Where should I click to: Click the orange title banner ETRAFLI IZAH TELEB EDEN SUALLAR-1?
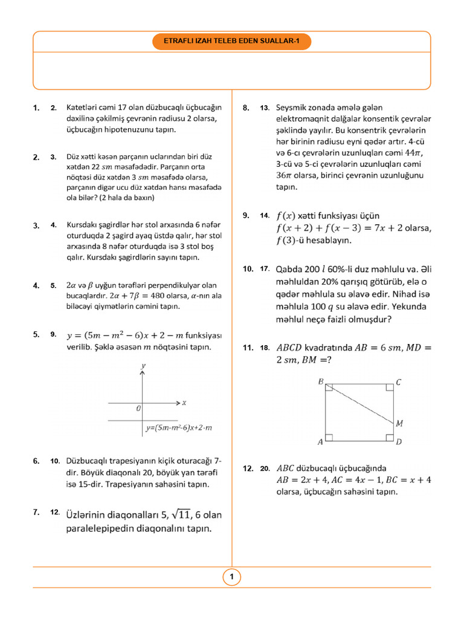click(231, 41)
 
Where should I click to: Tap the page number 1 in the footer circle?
click(231, 578)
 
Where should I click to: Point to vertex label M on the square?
click(399, 424)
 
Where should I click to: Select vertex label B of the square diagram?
click(320, 381)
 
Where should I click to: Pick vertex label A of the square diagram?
click(320, 442)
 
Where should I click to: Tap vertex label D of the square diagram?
click(399, 442)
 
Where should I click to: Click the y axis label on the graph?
click(143, 366)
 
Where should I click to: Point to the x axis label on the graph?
click(184, 402)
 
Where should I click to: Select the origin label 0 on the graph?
click(138, 409)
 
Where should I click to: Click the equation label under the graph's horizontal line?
click(179, 428)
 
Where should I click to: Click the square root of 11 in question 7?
click(181, 515)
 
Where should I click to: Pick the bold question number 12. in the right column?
click(247, 468)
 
